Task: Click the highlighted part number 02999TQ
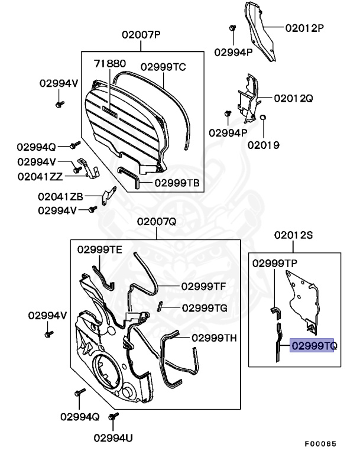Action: tap(312, 345)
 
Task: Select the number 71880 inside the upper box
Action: tap(111, 62)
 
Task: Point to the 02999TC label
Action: tap(163, 67)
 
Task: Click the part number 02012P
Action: tap(305, 28)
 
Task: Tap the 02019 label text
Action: tap(264, 144)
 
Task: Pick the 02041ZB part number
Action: tap(60, 196)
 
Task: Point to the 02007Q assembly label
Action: tap(157, 222)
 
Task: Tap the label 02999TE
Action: tap(99, 249)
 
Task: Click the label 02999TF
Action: tap(203, 286)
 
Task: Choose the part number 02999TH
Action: tap(214, 338)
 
